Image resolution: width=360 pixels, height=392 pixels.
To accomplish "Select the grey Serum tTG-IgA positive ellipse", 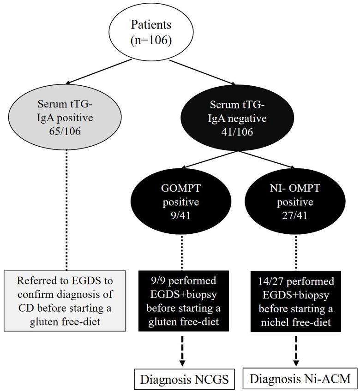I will tap(66, 118).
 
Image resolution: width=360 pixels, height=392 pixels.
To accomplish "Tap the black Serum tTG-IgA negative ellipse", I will tap(238, 118).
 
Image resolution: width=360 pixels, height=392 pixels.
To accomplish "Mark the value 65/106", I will tap(66, 131).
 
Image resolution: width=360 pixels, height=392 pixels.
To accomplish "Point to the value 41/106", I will tap(238, 131).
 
